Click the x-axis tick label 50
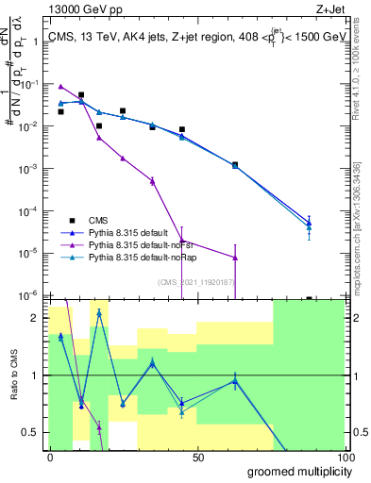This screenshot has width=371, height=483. [198, 457]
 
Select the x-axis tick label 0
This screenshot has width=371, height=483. [50, 457]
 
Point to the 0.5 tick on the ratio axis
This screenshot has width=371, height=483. [31, 432]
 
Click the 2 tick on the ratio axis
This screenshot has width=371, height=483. [36, 318]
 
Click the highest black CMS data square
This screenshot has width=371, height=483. [81, 95]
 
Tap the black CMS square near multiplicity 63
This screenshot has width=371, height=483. [235, 164]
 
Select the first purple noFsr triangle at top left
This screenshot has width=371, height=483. [60, 86]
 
